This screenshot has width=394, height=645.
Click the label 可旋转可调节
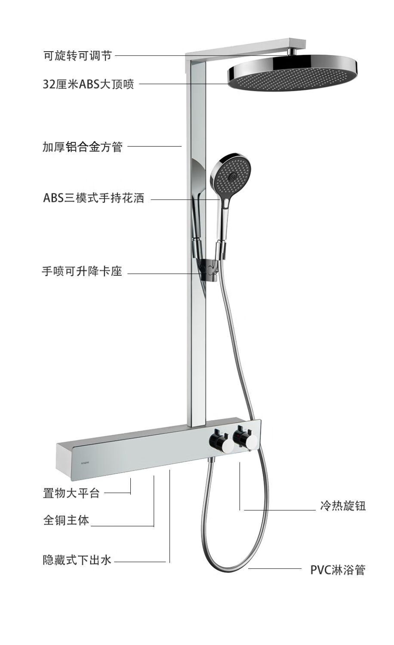coord(77,55)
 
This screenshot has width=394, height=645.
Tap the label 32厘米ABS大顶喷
coord(89,84)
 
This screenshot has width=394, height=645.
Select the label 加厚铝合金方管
coord(83,147)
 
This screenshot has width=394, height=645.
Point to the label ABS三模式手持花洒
coord(94,199)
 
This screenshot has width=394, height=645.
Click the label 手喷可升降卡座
coord(82,272)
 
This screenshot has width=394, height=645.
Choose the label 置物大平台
coord(71,493)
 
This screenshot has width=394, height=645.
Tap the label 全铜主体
coord(66,520)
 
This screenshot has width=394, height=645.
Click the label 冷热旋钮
coord(343,506)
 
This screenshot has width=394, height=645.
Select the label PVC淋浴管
coord(338,570)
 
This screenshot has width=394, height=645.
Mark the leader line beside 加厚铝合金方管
coord(155,147)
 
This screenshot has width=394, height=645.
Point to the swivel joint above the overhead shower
coord(292,52)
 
